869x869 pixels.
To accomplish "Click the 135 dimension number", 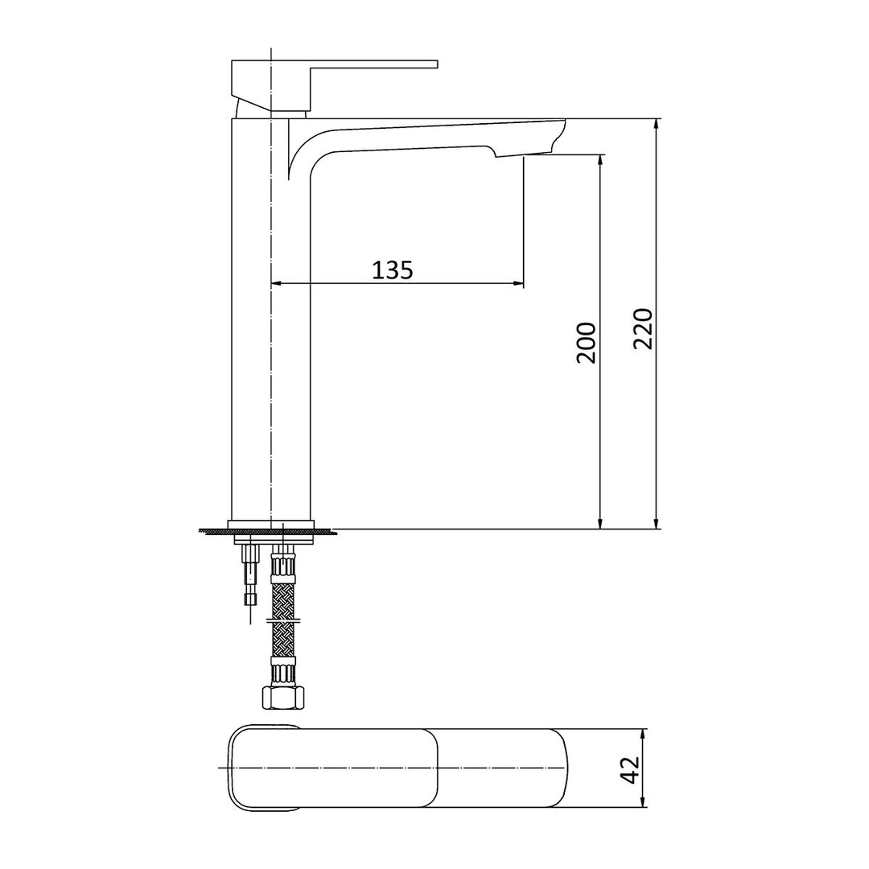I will click(393, 270).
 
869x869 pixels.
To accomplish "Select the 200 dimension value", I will click(587, 342).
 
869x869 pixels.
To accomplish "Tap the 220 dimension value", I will click(642, 327).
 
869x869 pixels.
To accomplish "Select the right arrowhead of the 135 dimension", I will click(519, 283).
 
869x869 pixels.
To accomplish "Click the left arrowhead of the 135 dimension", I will click(276, 283).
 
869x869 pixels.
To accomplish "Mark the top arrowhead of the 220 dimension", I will click(657, 124).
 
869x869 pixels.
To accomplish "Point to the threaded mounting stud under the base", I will click(250, 573).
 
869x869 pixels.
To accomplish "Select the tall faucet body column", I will click(270, 322).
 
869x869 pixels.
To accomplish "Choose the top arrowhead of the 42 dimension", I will click(643, 734).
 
